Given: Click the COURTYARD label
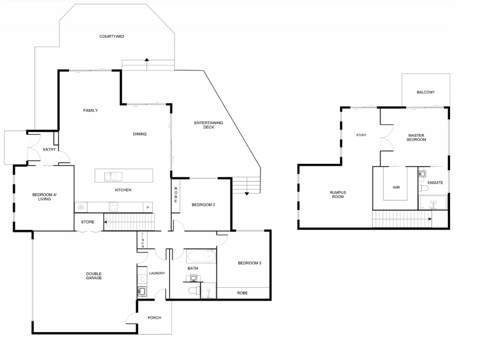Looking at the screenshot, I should (112, 36).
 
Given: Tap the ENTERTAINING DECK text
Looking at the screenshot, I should (208, 125).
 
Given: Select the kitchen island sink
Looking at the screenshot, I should (113, 176).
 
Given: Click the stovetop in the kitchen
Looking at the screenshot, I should (113, 207).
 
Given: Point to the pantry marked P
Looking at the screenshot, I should (148, 207).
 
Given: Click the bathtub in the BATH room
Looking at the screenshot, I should (201, 256).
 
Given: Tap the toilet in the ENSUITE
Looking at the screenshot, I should (424, 188).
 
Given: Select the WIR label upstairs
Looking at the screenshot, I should (396, 187).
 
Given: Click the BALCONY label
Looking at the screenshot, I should (425, 92).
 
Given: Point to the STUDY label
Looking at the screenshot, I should (361, 135).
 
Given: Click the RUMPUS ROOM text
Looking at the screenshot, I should (338, 195).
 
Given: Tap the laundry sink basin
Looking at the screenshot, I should (142, 291).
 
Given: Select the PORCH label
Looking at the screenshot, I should (154, 318).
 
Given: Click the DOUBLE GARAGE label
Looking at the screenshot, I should (94, 276).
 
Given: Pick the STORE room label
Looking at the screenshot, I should (87, 222).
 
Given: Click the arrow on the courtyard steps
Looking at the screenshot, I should (146, 60).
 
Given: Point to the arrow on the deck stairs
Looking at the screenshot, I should (247, 194).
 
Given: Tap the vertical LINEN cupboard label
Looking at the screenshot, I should (142, 240).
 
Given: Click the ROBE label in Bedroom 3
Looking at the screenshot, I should (242, 293).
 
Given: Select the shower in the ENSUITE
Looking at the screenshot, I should (433, 203).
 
